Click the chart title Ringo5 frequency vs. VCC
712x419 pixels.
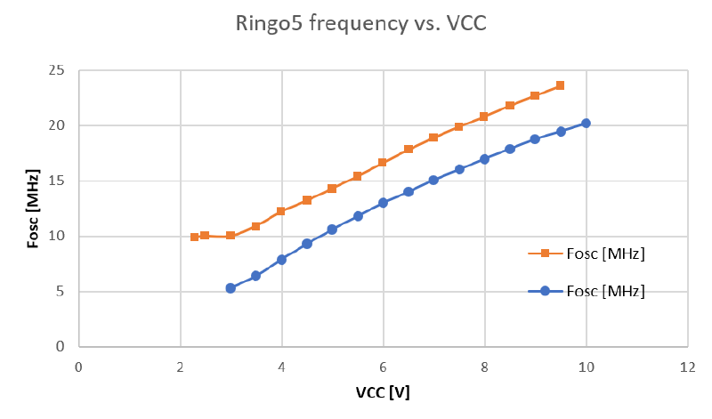click(x=355, y=25)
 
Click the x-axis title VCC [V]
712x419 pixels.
click(x=382, y=391)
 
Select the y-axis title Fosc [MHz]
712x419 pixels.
click(x=32, y=208)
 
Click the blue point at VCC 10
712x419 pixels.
click(x=586, y=124)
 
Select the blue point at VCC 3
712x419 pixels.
click(x=231, y=288)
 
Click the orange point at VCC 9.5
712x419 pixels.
click(x=560, y=85)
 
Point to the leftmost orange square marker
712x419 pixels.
click(x=195, y=237)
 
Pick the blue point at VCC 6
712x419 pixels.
click(x=383, y=203)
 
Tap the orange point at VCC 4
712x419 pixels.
click(x=281, y=211)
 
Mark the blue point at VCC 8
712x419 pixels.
click(x=484, y=159)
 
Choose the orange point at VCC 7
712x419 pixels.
click(x=433, y=137)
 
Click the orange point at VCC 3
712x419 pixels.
click(x=231, y=236)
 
